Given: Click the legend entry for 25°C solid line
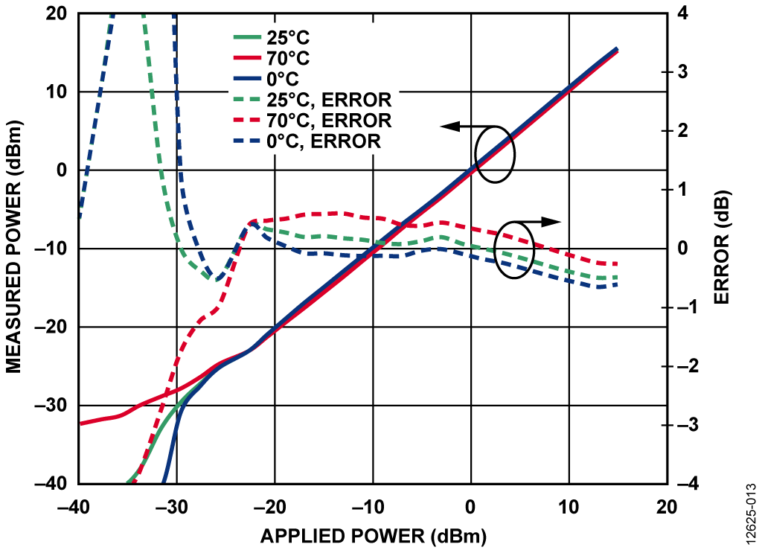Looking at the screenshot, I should [286, 36].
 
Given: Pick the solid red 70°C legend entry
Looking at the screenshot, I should [286, 57].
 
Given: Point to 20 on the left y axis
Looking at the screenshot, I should [54, 14].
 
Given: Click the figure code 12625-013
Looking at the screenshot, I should [751, 507].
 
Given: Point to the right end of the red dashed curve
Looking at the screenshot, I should [617, 264].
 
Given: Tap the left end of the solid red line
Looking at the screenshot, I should [81, 423].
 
